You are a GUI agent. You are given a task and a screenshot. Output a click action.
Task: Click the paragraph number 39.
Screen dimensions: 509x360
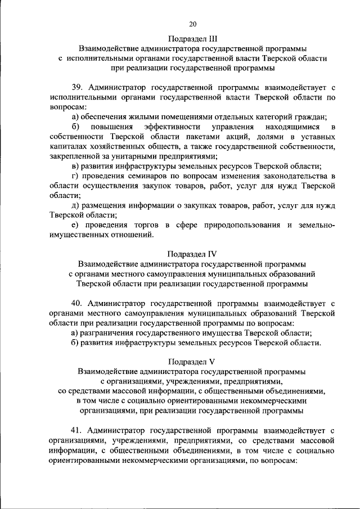78,88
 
